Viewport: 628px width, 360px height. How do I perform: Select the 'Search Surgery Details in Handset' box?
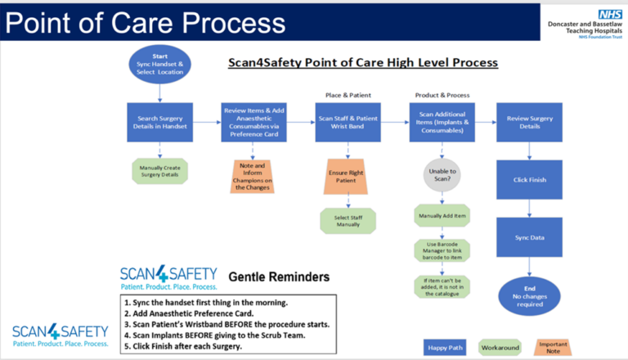click(x=160, y=123)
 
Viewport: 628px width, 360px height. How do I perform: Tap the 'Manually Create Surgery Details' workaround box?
click(x=160, y=172)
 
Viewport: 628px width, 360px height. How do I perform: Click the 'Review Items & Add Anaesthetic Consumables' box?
click(x=254, y=123)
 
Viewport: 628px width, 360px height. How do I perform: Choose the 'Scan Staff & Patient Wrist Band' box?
click(x=348, y=123)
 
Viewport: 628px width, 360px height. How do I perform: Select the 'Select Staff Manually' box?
click(x=348, y=220)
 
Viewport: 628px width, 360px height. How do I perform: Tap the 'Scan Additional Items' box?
click(x=442, y=123)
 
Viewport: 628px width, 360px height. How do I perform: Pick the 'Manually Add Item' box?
click(x=442, y=215)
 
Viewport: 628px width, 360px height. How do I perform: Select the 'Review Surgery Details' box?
click(x=530, y=123)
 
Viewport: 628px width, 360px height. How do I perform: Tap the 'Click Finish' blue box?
click(x=530, y=179)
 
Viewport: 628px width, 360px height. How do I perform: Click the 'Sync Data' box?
click(x=530, y=237)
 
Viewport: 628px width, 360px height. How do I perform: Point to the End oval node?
click(x=530, y=295)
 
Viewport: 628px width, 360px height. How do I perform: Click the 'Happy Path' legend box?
click(x=446, y=348)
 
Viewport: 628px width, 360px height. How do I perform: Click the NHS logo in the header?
click(x=609, y=14)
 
